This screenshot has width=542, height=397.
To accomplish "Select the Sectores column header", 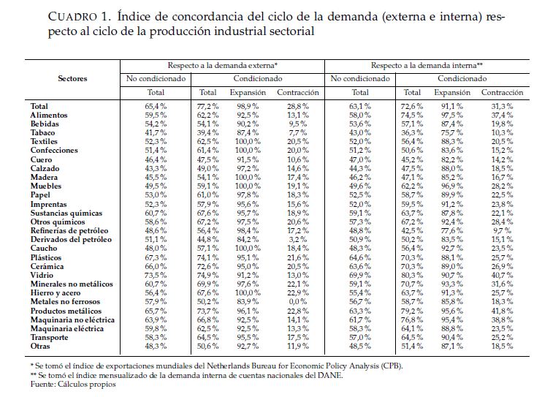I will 72,78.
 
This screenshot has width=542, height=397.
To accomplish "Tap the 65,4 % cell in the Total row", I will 156,106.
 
